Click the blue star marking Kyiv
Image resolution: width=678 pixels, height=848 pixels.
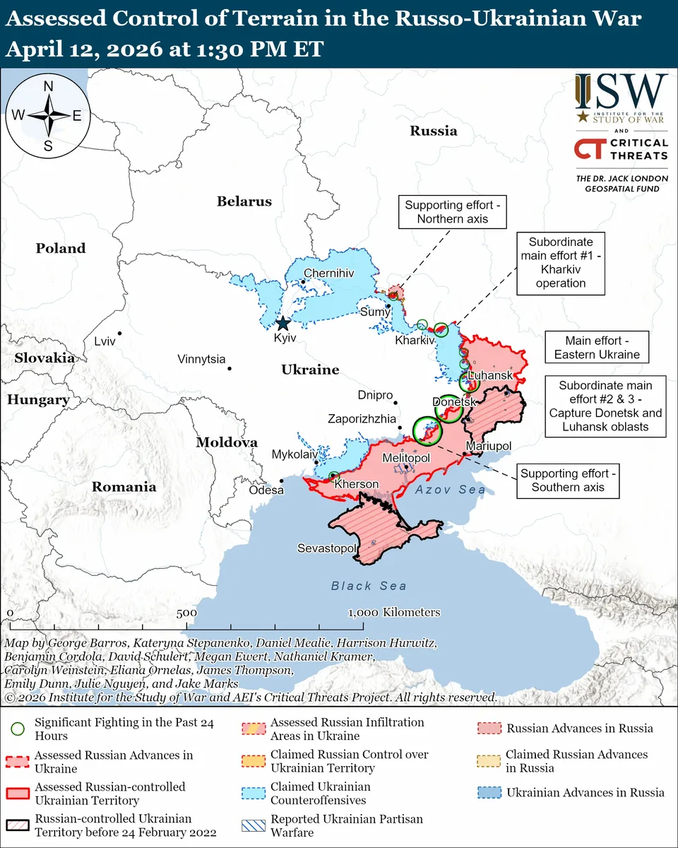coord(282,324)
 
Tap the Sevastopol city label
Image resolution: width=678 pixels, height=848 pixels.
coord(326,548)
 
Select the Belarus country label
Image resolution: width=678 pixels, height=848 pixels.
coord(244,201)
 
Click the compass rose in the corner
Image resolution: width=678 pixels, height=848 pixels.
coord(49,115)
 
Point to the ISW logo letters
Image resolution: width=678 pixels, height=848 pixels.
coord(621,90)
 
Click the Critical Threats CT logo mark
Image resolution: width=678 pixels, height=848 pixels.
coord(588,149)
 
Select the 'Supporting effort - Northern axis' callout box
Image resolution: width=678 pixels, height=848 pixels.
coord(452,212)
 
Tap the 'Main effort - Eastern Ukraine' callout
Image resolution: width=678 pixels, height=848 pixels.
coord(597,348)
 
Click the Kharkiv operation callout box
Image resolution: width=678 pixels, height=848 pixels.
coord(561,262)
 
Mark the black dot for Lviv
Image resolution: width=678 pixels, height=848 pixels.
coord(121,333)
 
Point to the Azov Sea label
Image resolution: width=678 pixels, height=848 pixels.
coord(450,490)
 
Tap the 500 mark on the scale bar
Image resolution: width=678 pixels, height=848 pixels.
coord(186,613)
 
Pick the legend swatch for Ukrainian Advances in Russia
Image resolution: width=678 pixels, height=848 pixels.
coord(491,792)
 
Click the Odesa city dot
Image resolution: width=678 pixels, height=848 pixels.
coord(282,481)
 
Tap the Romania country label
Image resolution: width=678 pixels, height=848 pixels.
coord(124,487)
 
